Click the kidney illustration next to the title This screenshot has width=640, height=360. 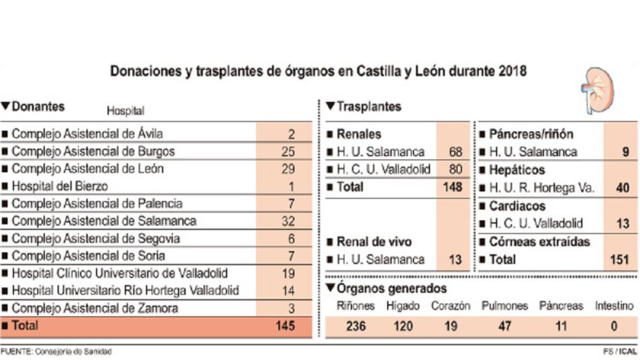point(597,90)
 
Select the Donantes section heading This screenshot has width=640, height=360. point(33,106)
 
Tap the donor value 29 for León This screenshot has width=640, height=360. point(288,169)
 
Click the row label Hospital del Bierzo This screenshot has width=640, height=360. point(60,186)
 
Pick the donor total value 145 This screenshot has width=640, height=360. point(286,325)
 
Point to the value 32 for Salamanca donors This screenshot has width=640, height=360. point(288,221)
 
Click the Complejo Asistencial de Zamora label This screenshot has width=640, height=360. point(95,308)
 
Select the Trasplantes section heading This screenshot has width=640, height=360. point(363,107)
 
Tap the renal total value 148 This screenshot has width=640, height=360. point(452,187)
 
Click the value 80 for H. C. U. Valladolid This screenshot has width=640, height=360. point(455,170)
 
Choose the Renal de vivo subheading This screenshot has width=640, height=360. point(374,242)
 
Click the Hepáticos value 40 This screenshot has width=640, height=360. point(622,188)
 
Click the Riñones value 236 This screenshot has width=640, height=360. point(355,326)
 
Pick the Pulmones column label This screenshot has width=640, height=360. point(505,306)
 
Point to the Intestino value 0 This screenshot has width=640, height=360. point(614,326)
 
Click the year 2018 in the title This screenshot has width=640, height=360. point(511,71)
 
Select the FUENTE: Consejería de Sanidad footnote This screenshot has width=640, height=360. point(56,352)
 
